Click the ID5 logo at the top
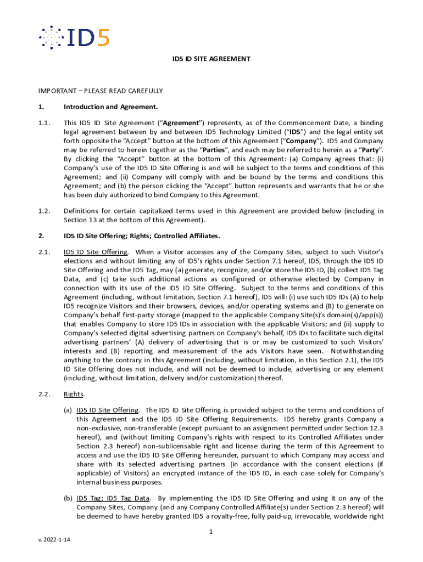coord(74,37)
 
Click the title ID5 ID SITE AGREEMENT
coord(211,59)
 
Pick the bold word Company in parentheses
coord(305,141)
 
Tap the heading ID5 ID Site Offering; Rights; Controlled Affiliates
coord(142,236)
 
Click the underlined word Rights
coord(74,394)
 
